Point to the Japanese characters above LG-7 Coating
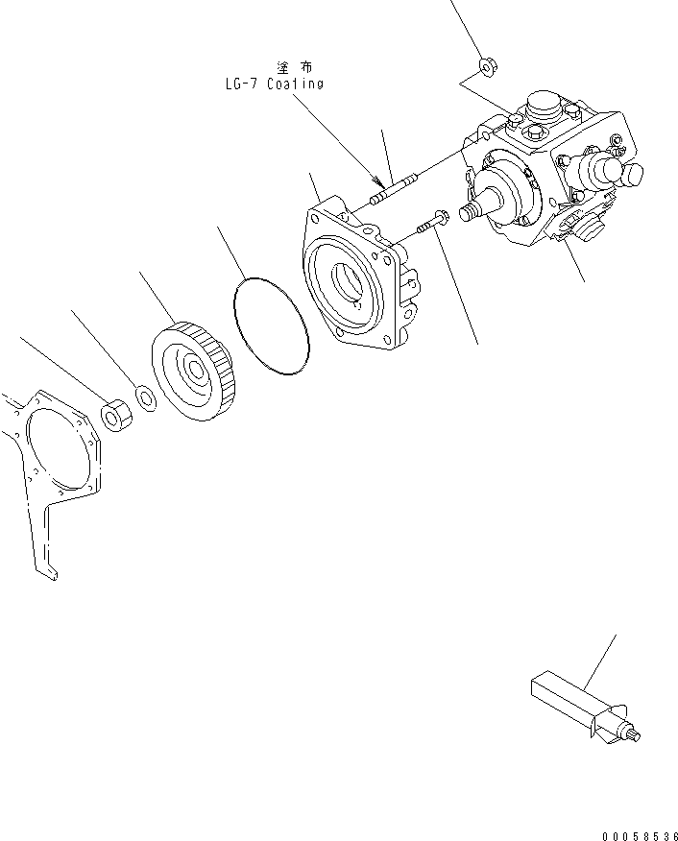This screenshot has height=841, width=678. click(x=294, y=67)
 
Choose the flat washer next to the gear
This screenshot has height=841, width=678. click(x=145, y=396)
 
